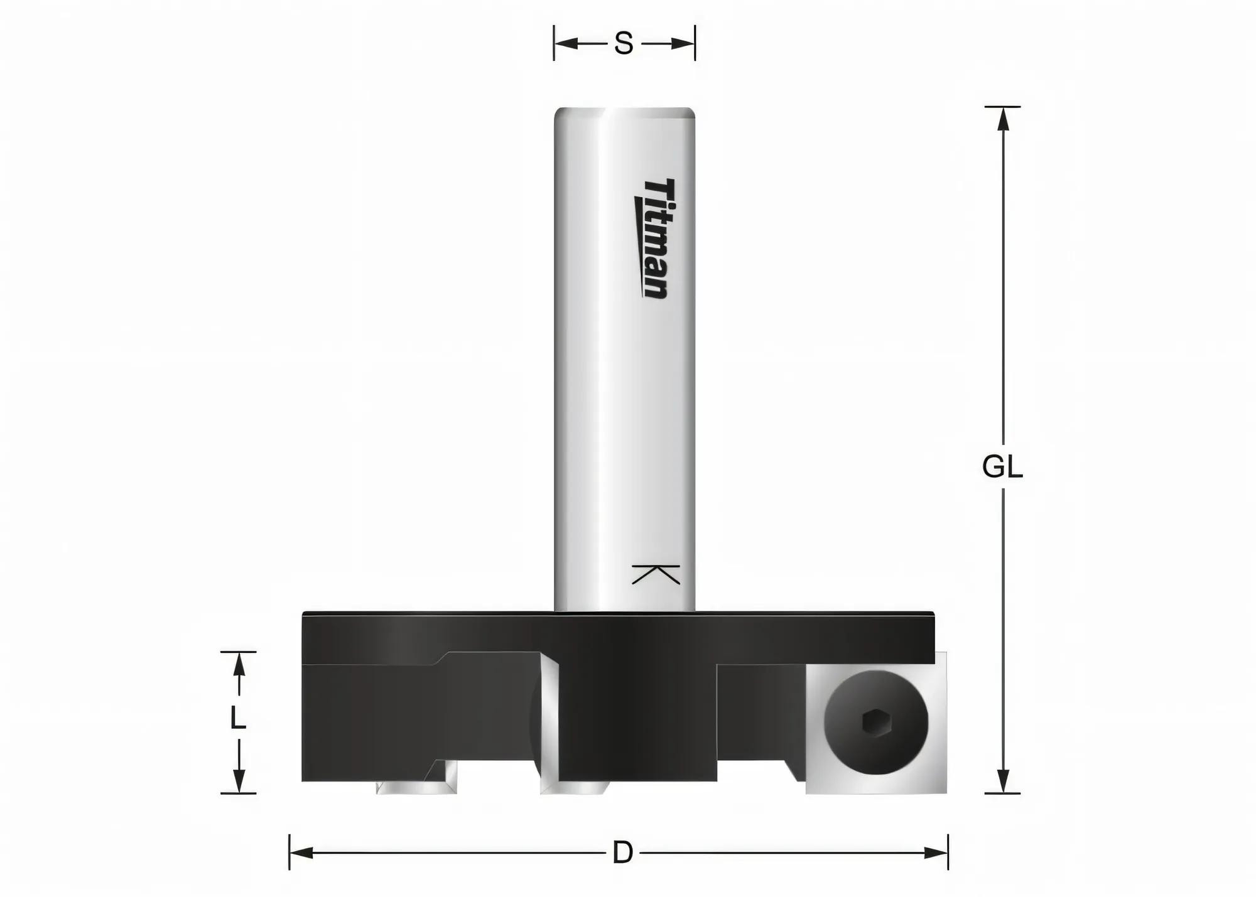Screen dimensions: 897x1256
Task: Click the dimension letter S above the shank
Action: [x=623, y=44]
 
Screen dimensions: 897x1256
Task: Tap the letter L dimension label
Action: [x=237, y=717]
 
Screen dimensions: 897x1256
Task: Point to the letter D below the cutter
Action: [x=622, y=853]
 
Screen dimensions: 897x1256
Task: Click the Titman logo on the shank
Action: [x=652, y=239]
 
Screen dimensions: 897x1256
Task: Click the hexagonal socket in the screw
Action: [x=876, y=723]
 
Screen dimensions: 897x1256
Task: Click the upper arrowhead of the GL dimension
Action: [x=1003, y=119]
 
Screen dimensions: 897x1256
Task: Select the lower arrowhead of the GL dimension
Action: [x=1003, y=782]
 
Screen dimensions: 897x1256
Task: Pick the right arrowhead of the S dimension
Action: [x=683, y=44]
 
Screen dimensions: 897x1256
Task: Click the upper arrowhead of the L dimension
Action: [x=239, y=664]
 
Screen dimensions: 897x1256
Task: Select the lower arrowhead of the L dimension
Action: [x=239, y=781]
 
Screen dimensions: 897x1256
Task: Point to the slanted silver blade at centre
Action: [x=549, y=722]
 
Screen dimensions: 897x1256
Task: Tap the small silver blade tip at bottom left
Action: [x=414, y=787]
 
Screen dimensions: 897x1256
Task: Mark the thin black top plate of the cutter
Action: [x=619, y=615]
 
